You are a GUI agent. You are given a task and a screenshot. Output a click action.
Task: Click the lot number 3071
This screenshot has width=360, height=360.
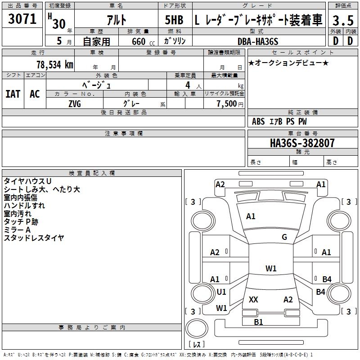click(x=22, y=19)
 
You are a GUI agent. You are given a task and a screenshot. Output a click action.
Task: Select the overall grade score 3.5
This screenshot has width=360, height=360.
click(x=343, y=20)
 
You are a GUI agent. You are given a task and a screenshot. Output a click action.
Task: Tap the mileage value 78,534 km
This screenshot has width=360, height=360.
click(x=55, y=65)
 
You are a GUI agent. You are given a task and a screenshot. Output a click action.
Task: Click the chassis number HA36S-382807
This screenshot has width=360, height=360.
click(x=302, y=143)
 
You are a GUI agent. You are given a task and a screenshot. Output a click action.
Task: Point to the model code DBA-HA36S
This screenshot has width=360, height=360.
click(x=258, y=41)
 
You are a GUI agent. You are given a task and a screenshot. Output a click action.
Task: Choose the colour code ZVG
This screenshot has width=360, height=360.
click(x=75, y=104)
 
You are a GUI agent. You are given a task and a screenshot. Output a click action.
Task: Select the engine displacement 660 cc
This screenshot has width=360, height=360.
click(x=143, y=41)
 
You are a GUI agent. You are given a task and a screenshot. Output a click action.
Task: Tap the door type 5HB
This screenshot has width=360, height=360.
click(x=174, y=20)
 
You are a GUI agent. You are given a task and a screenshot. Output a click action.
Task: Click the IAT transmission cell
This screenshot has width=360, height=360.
click(x=13, y=94)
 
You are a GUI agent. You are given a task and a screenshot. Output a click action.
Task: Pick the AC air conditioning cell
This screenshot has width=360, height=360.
click(x=35, y=94)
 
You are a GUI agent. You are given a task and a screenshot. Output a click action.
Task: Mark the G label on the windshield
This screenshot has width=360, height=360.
click(x=284, y=237)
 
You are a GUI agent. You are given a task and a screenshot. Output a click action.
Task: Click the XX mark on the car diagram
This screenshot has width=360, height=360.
click(x=253, y=299)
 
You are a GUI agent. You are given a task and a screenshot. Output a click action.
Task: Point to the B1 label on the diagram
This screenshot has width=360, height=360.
click(x=258, y=322)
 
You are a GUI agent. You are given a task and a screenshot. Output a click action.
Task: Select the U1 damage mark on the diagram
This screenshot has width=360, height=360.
click(x=221, y=292)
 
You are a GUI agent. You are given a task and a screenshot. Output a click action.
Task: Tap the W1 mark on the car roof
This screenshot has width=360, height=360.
click(x=271, y=268)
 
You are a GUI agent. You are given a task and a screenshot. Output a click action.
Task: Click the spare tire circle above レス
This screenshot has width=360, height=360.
click(x=197, y=328)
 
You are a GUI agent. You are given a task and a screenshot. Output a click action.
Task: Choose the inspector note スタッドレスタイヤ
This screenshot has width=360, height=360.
click(x=34, y=238)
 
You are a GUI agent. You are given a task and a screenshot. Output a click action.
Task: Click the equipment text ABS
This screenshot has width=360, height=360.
click(x=258, y=121)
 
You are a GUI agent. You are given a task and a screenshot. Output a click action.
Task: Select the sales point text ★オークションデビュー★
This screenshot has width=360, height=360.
click(x=288, y=63)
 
